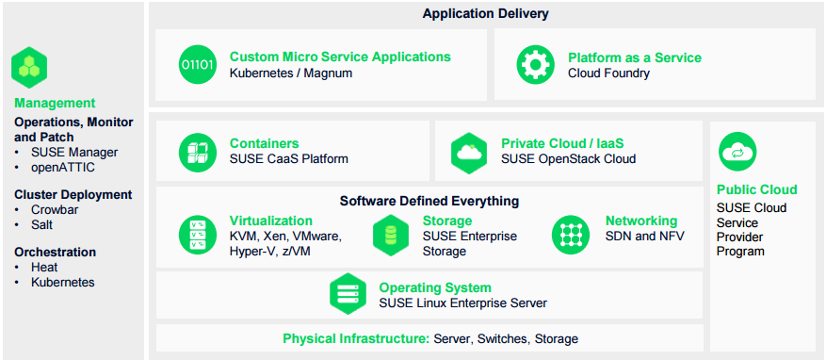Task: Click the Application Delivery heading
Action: point(485,14)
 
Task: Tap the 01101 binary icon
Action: point(197,65)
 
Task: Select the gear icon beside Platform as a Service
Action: point(535,65)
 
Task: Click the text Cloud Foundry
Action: point(608,74)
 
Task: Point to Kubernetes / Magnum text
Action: point(291,74)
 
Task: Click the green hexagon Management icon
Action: point(29,67)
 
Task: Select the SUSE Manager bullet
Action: point(74,152)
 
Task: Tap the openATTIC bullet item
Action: point(63,167)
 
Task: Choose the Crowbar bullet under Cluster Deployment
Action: point(55,210)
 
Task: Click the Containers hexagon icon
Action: point(198,151)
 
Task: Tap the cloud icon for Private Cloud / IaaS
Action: point(469,151)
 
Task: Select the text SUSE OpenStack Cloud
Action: point(568,159)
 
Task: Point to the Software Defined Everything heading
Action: point(429,201)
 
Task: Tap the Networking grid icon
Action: point(571,234)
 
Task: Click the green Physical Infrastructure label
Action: point(355,338)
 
